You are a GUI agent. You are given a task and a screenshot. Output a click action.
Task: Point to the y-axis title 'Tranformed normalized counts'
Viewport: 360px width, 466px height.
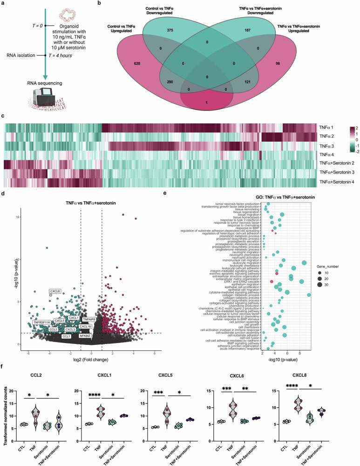6,413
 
